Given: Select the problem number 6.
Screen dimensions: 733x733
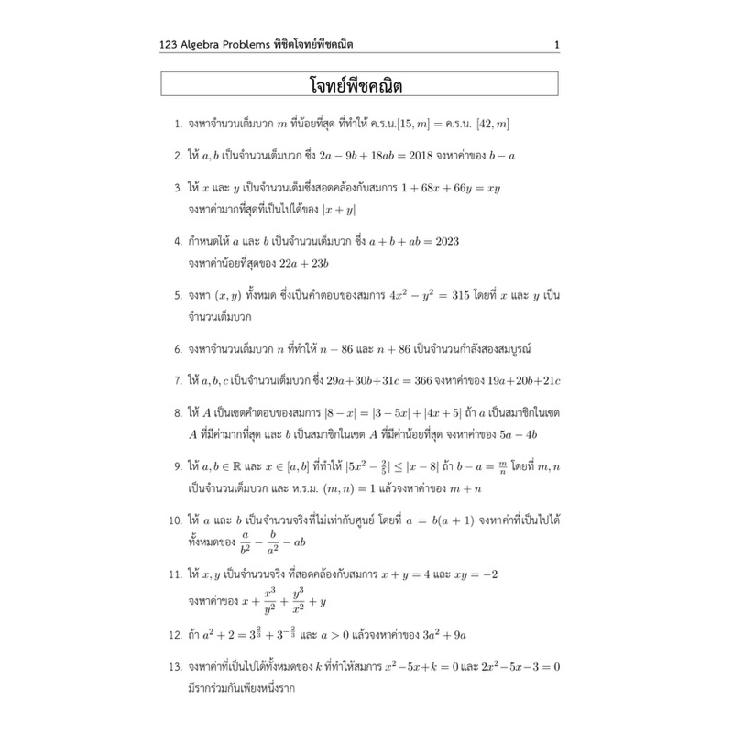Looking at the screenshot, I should tap(177, 349).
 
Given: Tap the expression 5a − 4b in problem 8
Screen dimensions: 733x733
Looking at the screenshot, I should tap(508, 432).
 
